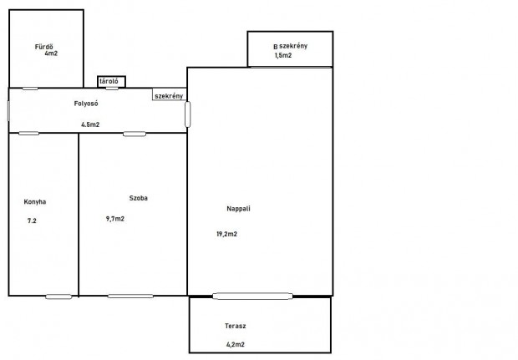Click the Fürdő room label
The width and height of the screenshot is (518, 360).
coord(44,47)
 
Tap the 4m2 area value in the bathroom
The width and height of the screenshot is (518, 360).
coord(51,53)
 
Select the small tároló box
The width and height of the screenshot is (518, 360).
coord(112,82)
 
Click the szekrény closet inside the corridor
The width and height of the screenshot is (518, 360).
coord(170,94)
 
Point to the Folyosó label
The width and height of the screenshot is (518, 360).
coord(86,104)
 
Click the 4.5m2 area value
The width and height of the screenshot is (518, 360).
coord(90,124)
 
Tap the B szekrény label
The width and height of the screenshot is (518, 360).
coord(291,46)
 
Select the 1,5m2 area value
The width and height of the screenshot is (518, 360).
coord(283,55)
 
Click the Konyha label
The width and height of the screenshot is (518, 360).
coord(35,202)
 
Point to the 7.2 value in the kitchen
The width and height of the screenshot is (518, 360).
coord(32,221)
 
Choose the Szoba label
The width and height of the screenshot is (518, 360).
coord(139,198)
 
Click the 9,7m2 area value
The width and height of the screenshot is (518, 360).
coord(115,219)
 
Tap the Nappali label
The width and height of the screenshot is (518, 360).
coord(238,209)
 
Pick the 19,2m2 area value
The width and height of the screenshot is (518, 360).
coord(227,234)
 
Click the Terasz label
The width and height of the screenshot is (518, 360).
coord(236,326)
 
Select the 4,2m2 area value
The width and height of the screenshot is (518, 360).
coord(236,344)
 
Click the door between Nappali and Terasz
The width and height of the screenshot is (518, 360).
coord(252,297)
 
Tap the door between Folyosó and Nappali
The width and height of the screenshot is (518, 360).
coord(188,114)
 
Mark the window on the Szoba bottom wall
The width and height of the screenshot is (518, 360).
coord(130,297)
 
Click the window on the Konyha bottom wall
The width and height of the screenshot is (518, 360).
coord(58,297)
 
